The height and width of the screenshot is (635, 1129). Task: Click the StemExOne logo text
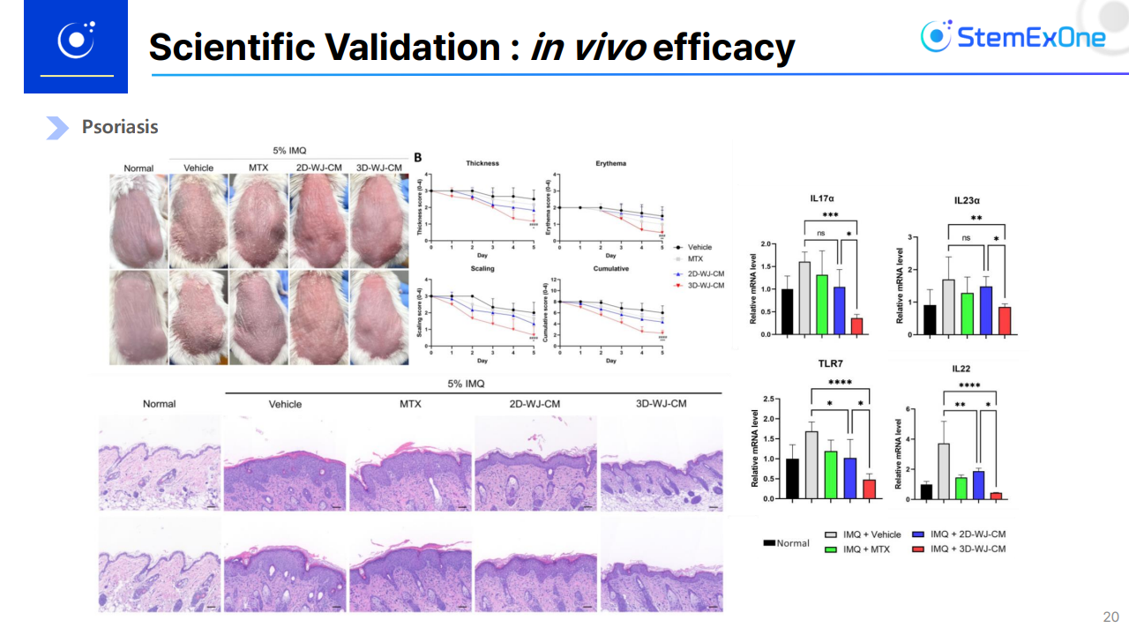[1030, 37]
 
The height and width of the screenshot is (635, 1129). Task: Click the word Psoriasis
[120, 127]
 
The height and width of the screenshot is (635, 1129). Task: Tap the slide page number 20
[1110, 616]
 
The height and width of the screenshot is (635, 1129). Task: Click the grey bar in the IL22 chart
[943, 472]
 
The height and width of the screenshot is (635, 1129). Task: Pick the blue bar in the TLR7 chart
[850, 478]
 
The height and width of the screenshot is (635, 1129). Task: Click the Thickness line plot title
[482, 163]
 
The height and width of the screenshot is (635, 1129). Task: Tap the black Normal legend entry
[786, 542]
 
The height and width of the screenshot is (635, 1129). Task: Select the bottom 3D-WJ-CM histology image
[662, 564]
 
